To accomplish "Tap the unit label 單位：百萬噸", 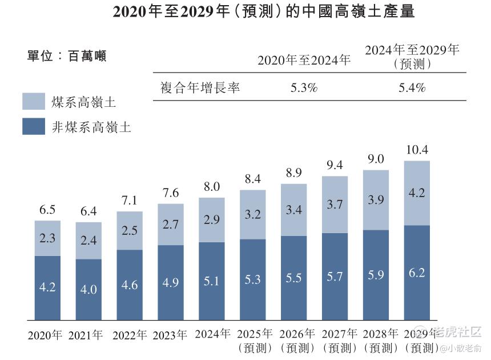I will pos(67,56).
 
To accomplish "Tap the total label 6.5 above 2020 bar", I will pos(47,210).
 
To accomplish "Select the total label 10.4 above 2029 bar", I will pos(417,150).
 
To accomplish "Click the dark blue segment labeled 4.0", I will pos(88,289).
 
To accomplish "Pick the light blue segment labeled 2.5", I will pos(130,231).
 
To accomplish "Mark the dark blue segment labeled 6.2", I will pos(417,273).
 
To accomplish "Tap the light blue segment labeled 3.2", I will pos(252,215).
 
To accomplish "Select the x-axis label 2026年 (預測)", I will pos(294,340).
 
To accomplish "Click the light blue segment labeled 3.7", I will pos(335,204).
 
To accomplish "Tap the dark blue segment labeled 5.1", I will pos(212,281).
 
